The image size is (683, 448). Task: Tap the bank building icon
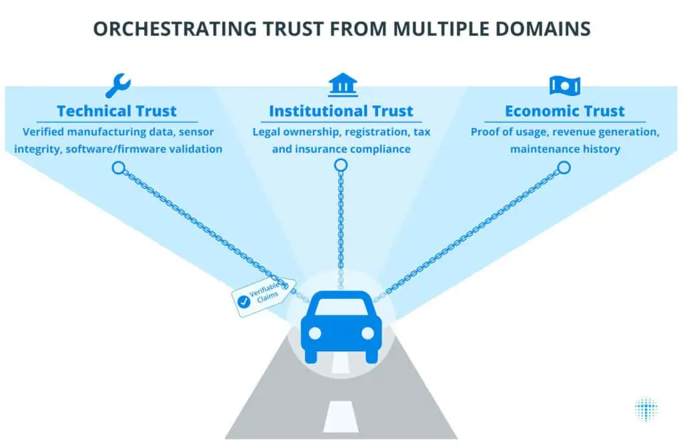pos(343,85)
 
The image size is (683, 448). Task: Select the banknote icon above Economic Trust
pos(565,86)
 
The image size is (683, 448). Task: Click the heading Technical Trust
pos(117,111)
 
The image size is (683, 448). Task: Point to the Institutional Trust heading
pos(341,111)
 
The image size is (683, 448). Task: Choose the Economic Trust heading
pos(565,111)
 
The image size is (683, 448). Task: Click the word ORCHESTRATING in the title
pos(175,29)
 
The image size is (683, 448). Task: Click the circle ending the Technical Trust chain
pos(119,167)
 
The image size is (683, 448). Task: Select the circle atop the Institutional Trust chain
pos(341,165)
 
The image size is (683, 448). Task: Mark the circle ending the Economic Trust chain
pos(564,167)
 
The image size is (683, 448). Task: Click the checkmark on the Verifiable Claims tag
pos(243,301)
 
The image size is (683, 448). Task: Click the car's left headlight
pos(315,333)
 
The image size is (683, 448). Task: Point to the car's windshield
pos(341,307)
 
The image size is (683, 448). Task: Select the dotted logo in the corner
pos(646,409)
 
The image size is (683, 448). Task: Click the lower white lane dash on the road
pos(341,416)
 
